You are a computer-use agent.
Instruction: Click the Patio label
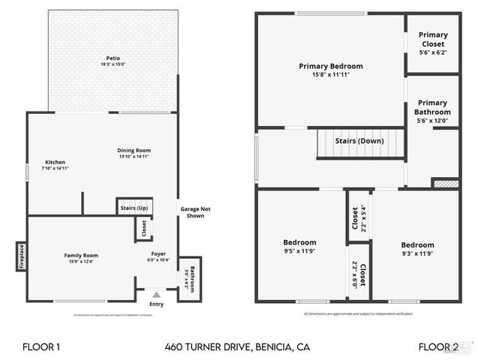pyautogui.click(x=113, y=58)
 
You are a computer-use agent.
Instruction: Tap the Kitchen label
pyautogui.click(x=55, y=162)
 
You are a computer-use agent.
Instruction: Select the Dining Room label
pyautogui.click(x=134, y=151)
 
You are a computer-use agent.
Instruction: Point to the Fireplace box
pyautogui.click(x=22, y=256)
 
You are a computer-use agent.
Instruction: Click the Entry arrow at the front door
pyautogui.click(x=156, y=295)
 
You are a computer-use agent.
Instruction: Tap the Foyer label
pyautogui.click(x=158, y=254)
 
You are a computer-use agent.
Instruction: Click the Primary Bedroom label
pyautogui.click(x=330, y=66)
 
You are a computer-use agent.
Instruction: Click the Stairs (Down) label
pyautogui.click(x=359, y=141)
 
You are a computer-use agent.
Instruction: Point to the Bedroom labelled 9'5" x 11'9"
pyautogui.click(x=299, y=242)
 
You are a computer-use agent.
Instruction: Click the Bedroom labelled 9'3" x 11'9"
pyautogui.click(x=417, y=245)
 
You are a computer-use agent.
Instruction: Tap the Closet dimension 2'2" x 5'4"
pyautogui.click(x=364, y=219)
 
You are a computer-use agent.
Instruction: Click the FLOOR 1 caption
pyautogui.click(x=41, y=347)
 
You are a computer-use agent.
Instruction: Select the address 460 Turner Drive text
pyautogui.click(x=237, y=347)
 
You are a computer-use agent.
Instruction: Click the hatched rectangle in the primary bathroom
pyautogui.click(x=446, y=182)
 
